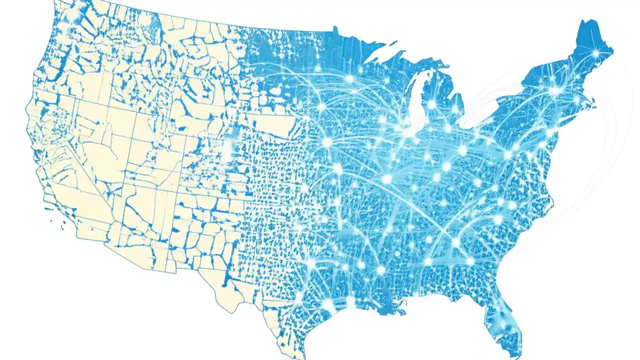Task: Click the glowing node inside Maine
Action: [595, 53]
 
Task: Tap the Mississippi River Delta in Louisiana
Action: [400, 312]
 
